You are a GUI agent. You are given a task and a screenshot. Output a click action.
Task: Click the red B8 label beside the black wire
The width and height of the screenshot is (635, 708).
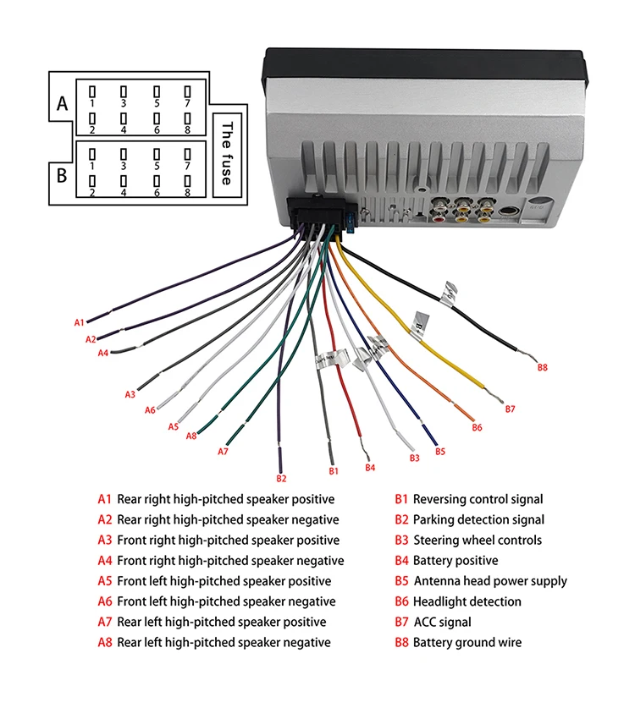pos(543,367)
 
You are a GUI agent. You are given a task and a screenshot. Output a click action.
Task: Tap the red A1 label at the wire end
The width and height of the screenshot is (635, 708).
pos(80,322)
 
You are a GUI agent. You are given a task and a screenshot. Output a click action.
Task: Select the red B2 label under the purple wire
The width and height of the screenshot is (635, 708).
pos(282,478)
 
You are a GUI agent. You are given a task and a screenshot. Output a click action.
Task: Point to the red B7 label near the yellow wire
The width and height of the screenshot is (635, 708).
pos(510,409)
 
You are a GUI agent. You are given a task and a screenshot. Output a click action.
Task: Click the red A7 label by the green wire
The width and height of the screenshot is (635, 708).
pos(223,451)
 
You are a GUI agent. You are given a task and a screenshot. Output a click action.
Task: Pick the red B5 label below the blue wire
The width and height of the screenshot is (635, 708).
pos(440,451)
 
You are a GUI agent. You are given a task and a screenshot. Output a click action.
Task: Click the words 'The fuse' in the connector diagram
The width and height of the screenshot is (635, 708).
pos(226,152)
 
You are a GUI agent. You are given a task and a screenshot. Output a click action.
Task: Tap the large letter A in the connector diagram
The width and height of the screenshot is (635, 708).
pos(61,105)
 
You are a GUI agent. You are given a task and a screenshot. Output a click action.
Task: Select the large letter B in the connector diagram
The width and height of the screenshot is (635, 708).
pos(61,177)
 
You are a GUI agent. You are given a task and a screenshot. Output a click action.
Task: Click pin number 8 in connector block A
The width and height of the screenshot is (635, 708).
pos(187,130)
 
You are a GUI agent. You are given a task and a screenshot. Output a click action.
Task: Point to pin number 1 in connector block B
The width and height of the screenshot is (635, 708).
pos(92,167)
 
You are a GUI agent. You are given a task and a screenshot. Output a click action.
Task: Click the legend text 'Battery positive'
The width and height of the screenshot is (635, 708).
pos(456,561)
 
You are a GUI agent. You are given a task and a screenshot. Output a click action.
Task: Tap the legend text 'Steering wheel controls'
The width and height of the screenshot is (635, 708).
pos(478,541)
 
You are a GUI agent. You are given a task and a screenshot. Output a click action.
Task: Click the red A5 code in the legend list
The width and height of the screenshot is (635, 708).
pos(105,581)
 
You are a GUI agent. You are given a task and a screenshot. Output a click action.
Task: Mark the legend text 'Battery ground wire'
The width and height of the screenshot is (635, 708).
pos(467,643)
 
